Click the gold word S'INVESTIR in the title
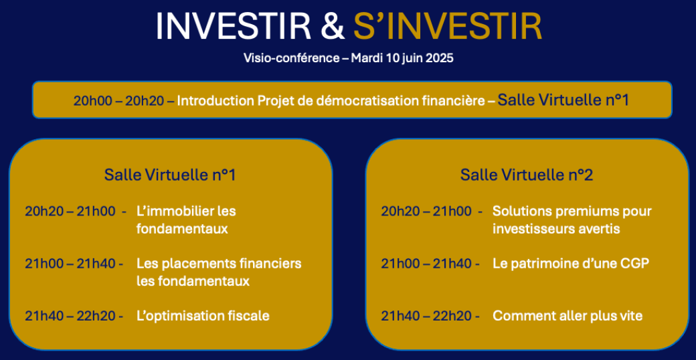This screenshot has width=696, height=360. click(x=448, y=27)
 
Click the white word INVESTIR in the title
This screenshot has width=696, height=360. click(x=234, y=27)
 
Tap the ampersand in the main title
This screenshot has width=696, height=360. click(x=333, y=27)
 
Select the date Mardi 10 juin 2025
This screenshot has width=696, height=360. click(x=402, y=58)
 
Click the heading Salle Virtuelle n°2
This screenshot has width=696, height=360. click(x=527, y=175)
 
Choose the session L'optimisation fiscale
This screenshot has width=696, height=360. click(x=203, y=316)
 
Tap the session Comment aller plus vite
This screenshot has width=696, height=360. click(x=568, y=316)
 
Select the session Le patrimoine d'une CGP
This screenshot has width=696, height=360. click(x=571, y=264)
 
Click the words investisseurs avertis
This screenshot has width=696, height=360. click(x=556, y=230)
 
